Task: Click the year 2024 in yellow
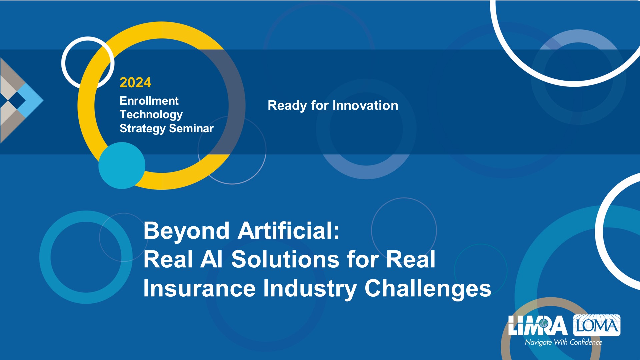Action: [x=135, y=83]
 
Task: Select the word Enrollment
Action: [x=149, y=101]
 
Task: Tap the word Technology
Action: [x=151, y=115]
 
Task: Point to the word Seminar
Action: [x=191, y=128]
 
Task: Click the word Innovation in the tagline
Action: [x=365, y=106]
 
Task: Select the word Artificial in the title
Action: [x=289, y=230]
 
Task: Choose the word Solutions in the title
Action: [x=285, y=259]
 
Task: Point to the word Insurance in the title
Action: [x=199, y=288]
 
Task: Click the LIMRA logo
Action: [x=537, y=325]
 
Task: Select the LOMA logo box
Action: [x=597, y=325]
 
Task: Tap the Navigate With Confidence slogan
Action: [x=564, y=342]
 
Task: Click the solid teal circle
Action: [x=122, y=165]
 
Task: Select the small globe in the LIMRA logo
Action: [x=544, y=323]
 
